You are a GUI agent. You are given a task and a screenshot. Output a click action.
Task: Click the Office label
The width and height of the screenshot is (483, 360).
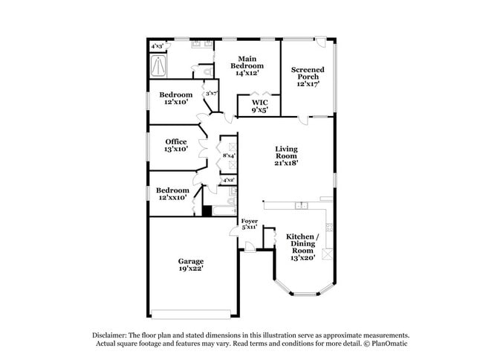pos(176,141)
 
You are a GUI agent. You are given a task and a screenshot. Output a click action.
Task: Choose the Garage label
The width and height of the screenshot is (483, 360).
pos(190,261)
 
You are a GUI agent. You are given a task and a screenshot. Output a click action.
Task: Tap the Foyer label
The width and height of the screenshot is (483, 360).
pos(249,221)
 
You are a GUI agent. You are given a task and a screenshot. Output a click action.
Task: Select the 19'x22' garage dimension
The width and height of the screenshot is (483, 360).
pos(190,270)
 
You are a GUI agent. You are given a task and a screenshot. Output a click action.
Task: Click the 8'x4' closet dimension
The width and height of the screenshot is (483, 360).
pos(229,155)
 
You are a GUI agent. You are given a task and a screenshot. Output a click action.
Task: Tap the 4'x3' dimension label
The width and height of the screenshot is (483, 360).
pos(158,46)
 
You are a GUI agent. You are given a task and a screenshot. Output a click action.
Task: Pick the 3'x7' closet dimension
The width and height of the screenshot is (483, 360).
pos(211,94)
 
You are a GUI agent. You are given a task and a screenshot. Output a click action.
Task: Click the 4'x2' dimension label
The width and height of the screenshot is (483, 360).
pos(229,180)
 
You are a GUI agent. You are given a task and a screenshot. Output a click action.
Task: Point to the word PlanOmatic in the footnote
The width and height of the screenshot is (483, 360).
pos(389,344)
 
